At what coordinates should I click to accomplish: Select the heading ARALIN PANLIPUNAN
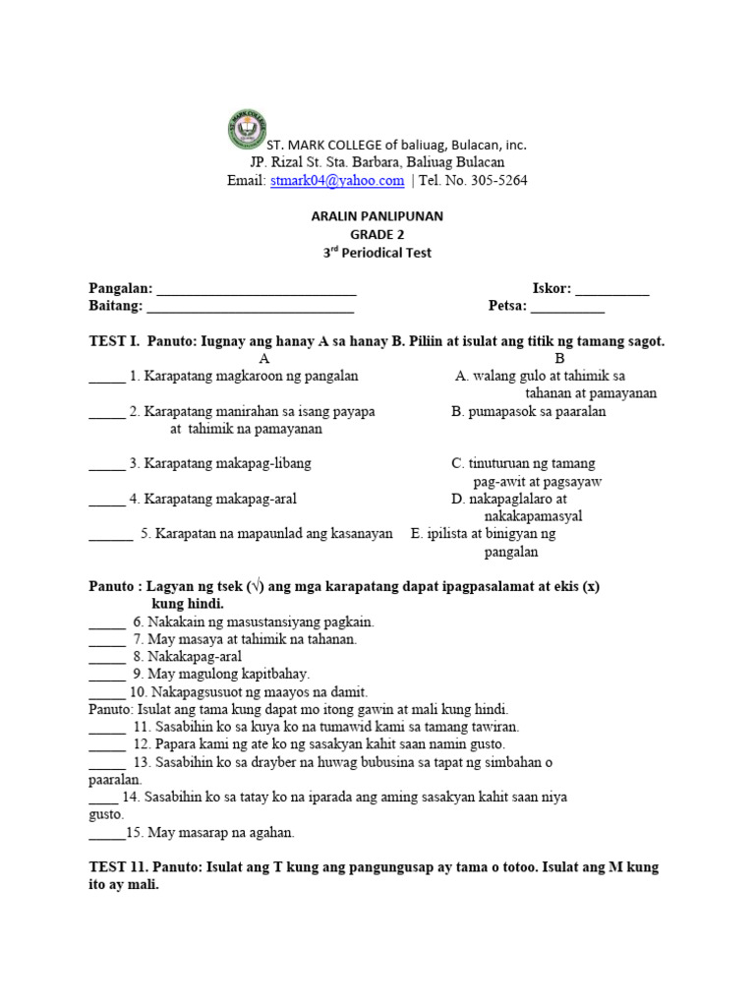tap(377, 216)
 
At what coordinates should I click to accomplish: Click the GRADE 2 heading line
tap(377, 234)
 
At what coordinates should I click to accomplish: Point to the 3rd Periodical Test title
tap(377, 253)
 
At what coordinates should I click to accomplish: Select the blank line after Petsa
tap(567, 308)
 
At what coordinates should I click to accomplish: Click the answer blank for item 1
tap(106, 378)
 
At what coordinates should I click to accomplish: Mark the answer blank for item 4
tap(106, 501)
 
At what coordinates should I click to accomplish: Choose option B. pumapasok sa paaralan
tap(529, 412)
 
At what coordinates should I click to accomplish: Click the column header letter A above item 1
tap(263, 359)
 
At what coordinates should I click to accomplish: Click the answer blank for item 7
tap(106, 640)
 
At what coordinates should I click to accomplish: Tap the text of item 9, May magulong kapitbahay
tap(228, 675)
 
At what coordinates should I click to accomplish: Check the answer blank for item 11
tap(106, 728)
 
